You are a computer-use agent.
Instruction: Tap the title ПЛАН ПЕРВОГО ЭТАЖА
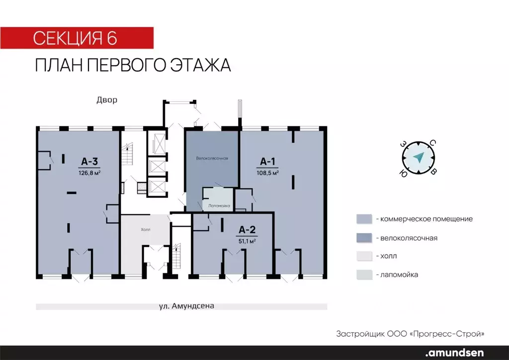(x=133, y=66)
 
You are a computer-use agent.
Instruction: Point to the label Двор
(x=107, y=100)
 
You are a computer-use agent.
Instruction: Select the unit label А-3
(x=89, y=161)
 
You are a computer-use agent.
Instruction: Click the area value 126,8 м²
(x=89, y=173)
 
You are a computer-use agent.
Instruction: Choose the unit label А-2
(x=247, y=230)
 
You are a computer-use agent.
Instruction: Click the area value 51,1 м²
(x=247, y=241)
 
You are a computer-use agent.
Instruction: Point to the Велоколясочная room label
(x=212, y=159)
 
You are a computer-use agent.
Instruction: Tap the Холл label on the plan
(x=145, y=229)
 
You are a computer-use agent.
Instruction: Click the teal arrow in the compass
(x=418, y=158)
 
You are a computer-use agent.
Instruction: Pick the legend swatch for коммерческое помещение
(x=364, y=219)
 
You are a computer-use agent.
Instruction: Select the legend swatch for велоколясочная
(x=364, y=238)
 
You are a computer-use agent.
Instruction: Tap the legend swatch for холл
(x=364, y=256)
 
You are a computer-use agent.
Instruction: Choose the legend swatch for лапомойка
(x=364, y=274)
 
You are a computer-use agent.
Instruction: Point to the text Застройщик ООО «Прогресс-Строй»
(x=410, y=333)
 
